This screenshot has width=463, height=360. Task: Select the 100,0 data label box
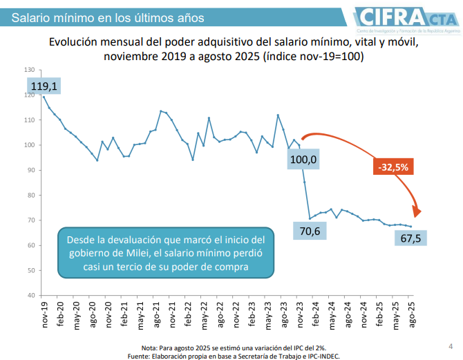pyautogui.click(x=303, y=160)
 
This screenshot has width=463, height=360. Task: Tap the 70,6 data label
pyautogui.click(x=310, y=231)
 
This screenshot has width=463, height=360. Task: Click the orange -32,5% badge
pyautogui.click(x=393, y=167)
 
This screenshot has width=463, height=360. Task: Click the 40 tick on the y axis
pyautogui.click(x=30, y=295)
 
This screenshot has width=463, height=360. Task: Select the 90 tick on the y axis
pyautogui.click(x=30, y=170)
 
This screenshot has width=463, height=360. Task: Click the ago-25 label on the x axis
pyautogui.click(x=413, y=314)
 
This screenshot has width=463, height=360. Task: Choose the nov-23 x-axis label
pyautogui.click(x=299, y=314)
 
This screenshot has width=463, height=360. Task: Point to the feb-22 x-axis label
pyautogui.click(x=189, y=314)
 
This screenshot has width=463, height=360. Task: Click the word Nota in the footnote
pyautogui.click(x=149, y=347)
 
